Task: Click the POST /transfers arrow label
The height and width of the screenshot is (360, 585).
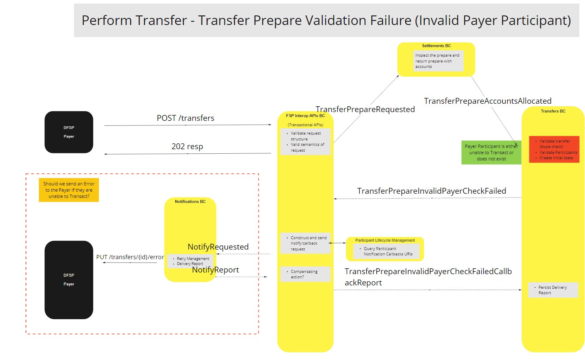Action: (185, 118)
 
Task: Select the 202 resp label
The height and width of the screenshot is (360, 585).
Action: (187, 146)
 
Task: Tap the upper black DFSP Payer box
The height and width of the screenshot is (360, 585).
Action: (69, 132)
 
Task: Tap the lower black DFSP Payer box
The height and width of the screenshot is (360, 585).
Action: (69, 280)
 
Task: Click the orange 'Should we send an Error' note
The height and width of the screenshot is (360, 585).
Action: (69, 190)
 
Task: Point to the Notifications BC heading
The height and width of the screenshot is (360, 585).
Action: (190, 201)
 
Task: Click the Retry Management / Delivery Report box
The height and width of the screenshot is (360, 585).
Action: (191, 261)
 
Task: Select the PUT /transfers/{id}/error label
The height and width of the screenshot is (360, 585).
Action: (130, 257)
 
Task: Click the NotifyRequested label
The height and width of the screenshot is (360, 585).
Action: (218, 247)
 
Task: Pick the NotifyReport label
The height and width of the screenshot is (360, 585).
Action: (215, 270)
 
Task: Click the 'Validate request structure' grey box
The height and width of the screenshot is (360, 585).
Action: (305, 142)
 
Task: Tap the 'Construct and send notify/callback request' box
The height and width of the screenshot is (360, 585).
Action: (305, 243)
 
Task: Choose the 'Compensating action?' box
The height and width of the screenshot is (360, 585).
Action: (305, 274)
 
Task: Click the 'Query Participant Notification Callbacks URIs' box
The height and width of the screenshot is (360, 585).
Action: (386, 251)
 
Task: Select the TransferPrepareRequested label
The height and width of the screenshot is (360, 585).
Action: (365, 109)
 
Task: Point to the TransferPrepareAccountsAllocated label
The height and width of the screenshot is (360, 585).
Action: (487, 101)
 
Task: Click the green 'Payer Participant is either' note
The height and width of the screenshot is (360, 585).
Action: (491, 152)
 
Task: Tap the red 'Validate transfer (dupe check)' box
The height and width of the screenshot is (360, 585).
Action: (554, 149)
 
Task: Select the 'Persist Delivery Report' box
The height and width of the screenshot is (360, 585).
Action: (553, 290)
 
